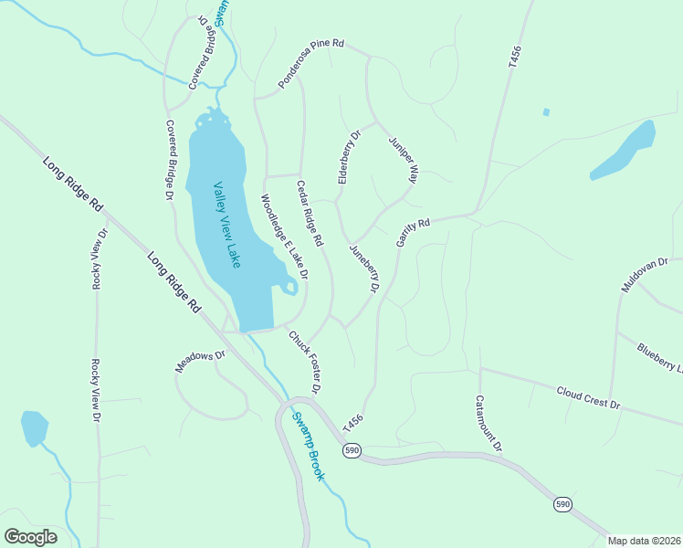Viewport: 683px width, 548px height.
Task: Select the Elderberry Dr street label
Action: pos(350,157)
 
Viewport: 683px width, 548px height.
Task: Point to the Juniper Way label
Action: pos(403,161)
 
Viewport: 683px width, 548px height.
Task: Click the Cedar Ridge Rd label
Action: pos(310,214)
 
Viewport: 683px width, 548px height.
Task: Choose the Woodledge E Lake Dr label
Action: pos(284,237)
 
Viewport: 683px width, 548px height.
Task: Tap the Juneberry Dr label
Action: pos(363,268)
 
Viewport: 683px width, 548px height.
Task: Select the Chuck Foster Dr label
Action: pos(305,362)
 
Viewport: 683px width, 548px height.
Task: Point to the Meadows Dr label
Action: pos(200,362)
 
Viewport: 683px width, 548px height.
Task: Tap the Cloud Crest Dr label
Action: pos(589,397)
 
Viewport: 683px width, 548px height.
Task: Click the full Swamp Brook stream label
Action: pos(308,447)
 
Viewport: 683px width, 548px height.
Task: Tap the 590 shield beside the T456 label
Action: pos(353,450)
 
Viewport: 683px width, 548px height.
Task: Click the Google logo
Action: pos(30,537)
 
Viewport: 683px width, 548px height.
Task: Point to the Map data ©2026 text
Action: pos(643,541)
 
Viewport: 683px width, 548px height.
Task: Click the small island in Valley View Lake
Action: pos(289,289)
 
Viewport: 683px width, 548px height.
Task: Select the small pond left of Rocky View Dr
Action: pos(34,427)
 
